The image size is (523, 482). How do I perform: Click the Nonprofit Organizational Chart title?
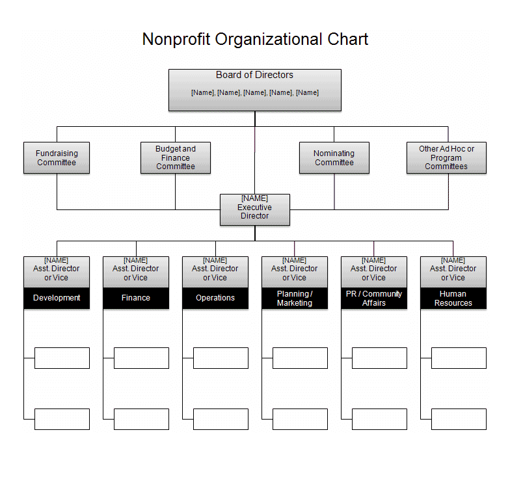pyautogui.click(x=255, y=40)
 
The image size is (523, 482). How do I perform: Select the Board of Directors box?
pyautogui.click(x=255, y=90)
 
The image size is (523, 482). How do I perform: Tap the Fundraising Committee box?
pyautogui.click(x=57, y=158)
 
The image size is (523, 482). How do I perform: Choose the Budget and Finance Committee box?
pyautogui.click(x=176, y=158)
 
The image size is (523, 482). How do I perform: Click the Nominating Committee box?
pyautogui.click(x=334, y=158)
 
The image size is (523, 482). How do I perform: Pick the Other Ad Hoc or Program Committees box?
pyautogui.click(x=446, y=158)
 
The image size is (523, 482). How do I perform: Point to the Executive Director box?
pyautogui.click(x=255, y=210)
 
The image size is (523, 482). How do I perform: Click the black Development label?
pyautogui.click(x=57, y=298)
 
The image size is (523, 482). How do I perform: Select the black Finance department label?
pyautogui.click(x=136, y=298)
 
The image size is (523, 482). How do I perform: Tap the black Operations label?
pyautogui.click(x=215, y=298)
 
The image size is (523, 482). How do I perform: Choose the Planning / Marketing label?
pyautogui.click(x=295, y=298)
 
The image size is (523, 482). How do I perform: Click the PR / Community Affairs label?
pyautogui.click(x=374, y=298)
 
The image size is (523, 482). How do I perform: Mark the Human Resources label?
pyautogui.click(x=453, y=298)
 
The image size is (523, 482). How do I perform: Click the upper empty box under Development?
pyautogui.click(x=62, y=358)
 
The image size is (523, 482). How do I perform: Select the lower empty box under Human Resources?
pyautogui.click(x=459, y=420)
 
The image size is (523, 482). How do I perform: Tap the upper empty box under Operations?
pyautogui.click(x=221, y=358)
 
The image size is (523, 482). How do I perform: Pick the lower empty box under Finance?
pyautogui.click(x=141, y=420)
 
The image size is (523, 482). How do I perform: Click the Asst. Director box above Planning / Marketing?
pyautogui.click(x=295, y=272)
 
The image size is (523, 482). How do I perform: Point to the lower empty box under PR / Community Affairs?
pyautogui.click(x=380, y=420)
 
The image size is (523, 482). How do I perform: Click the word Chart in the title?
pyautogui.click(x=348, y=40)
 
